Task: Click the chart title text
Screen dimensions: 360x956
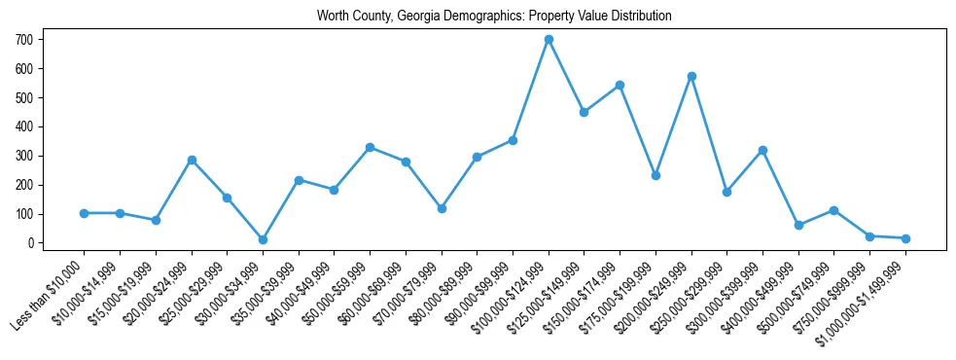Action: [x=494, y=17]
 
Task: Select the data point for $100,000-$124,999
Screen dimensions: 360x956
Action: [x=549, y=39]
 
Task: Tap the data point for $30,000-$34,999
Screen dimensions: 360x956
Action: [x=263, y=239]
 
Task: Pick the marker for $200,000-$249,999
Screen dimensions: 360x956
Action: [x=691, y=76]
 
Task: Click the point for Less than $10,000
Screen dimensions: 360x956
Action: [x=85, y=213]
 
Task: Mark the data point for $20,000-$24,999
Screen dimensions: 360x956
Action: [x=192, y=160]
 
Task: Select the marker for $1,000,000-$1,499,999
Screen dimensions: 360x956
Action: [x=905, y=238]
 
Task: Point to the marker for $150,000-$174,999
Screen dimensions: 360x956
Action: [x=620, y=85]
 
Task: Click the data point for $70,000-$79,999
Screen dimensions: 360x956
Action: [x=442, y=208]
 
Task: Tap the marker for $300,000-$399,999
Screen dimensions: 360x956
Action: [x=762, y=150]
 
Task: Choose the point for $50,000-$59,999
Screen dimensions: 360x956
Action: [x=370, y=147]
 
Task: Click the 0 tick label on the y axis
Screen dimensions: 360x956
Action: [x=31, y=243]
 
